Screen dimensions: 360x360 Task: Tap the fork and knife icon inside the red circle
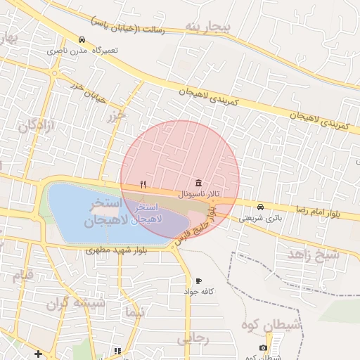[143, 184]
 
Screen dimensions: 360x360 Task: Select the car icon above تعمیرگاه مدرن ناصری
[83, 39]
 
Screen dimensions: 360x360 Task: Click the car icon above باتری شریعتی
[261, 207]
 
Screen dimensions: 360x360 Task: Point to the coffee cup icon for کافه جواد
[198, 281]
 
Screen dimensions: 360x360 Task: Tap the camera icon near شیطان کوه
[263, 347]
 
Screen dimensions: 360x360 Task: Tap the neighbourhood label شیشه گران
[75, 304]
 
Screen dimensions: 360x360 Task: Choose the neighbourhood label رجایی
[193, 338]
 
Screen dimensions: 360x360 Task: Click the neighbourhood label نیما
[133, 311]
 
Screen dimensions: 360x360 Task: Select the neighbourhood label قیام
[23, 275]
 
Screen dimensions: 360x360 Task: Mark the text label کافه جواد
[199, 291]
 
